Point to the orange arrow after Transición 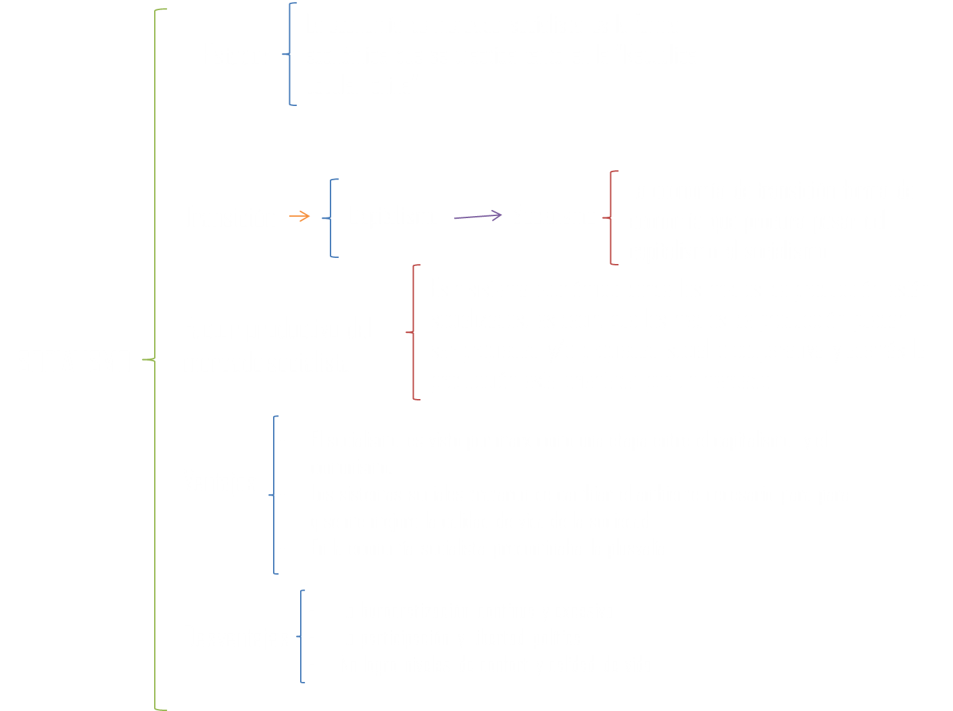coord(299,216)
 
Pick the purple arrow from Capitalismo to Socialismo coord(477,216)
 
